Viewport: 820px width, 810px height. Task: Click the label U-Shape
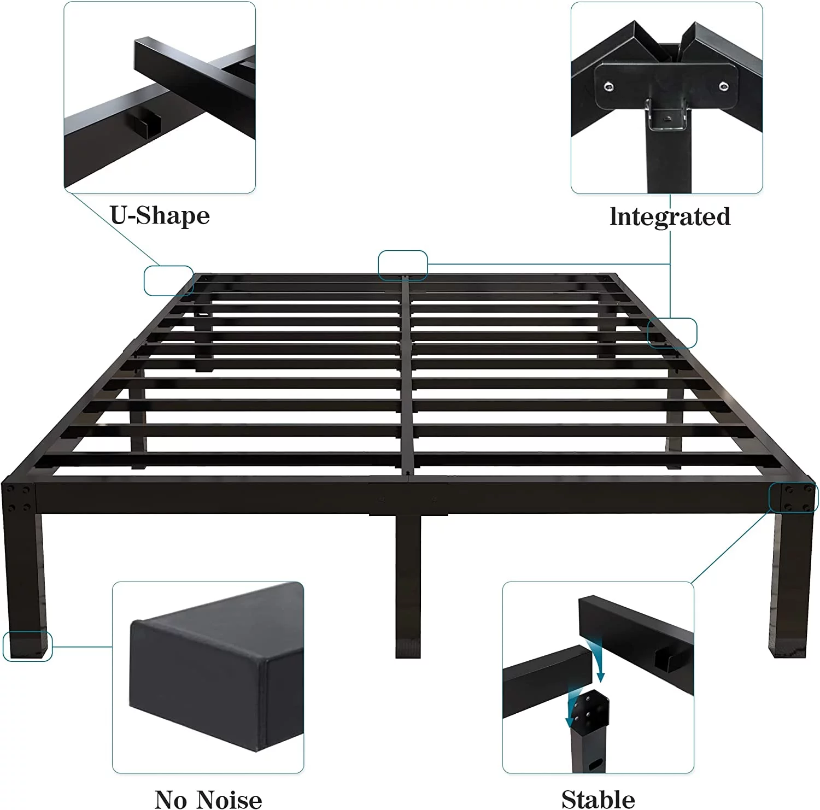160,215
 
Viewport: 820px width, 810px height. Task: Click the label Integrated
670,216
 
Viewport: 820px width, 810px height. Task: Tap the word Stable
598,799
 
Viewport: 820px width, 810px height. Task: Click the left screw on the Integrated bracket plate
608,86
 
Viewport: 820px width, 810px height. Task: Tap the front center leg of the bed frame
408,585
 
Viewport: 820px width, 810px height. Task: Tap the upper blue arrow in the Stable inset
598,659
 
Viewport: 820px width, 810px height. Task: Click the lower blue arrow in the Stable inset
575,707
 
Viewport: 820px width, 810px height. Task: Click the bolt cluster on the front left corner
18,498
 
